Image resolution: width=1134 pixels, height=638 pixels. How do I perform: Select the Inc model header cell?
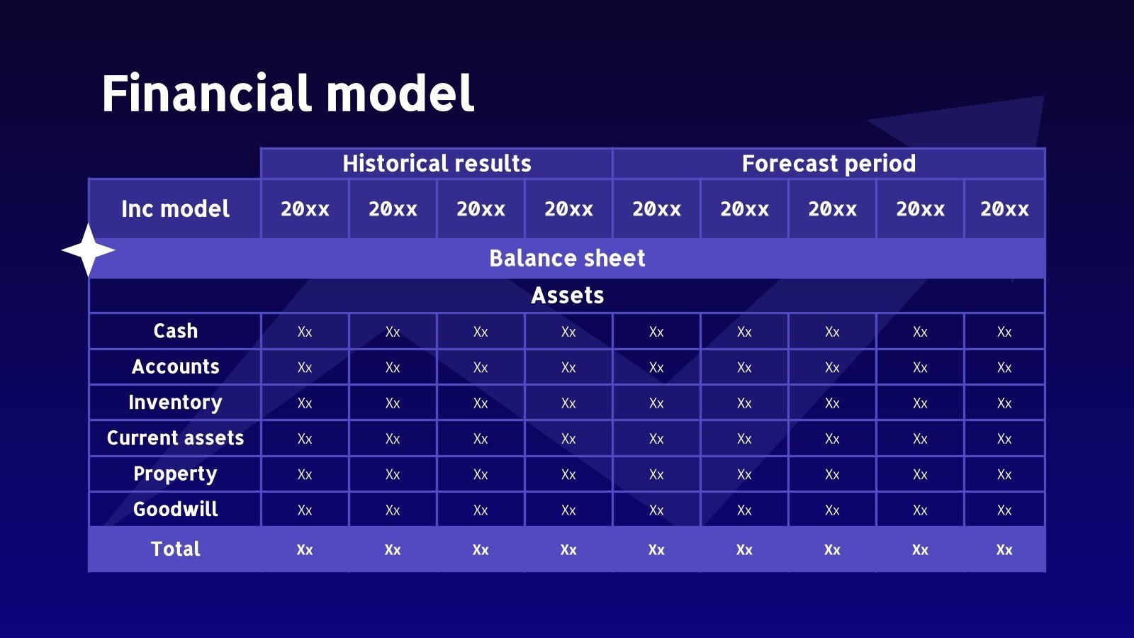pyautogui.click(x=175, y=208)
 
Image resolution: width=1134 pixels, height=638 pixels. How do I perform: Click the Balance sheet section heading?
pyautogui.click(x=567, y=258)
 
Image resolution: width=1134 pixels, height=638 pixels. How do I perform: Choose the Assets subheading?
pyautogui.click(x=567, y=295)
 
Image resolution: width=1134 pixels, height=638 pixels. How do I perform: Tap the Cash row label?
pyautogui.click(x=175, y=330)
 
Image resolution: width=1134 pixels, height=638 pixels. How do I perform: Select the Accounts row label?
pyautogui.click(x=175, y=366)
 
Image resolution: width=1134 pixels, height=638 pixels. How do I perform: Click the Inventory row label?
pyautogui.click(x=175, y=403)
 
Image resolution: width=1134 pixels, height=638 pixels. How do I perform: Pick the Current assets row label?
pyautogui.click(x=175, y=437)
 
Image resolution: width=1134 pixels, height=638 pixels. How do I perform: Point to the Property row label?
pyautogui.click(x=175, y=474)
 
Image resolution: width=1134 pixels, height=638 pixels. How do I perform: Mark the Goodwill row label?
pyautogui.click(x=175, y=509)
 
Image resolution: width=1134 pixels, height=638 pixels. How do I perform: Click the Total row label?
pyautogui.click(x=175, y=549)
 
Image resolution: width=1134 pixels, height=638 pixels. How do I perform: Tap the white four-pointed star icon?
pyautogui.click(x=88, y=250)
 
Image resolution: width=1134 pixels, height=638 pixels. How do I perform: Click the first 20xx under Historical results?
pyautogui.click(x=305, y=209)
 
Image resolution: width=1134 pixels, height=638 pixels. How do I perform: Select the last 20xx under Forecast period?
pyautogui.click(x=1004, y=209)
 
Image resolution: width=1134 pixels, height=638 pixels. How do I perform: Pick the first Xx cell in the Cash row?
pyautogui.click(x=305, y=332)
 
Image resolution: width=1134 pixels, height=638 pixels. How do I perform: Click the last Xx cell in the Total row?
pyautogui.click(x=1004, y=549)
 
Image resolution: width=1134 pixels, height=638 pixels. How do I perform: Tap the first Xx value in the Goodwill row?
pyautogui.click(x=305, y=510)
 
